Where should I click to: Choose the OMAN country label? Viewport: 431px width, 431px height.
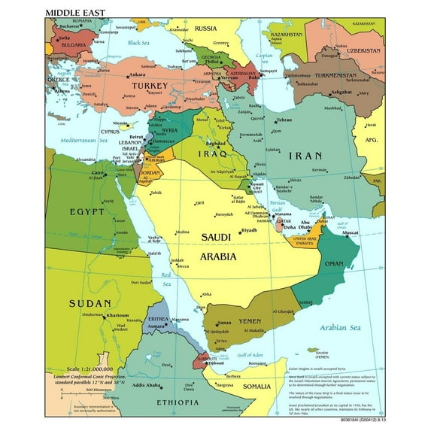[x=333, y=263]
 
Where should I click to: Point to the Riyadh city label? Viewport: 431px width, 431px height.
[x=249, y=230]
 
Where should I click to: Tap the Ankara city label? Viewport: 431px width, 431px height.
[x=137, y=75]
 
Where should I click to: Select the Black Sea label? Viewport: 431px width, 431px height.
[x=140, y=43]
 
